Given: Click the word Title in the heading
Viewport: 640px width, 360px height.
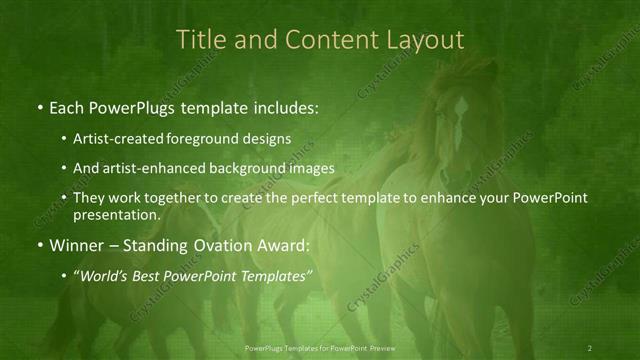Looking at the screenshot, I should coord(199,40).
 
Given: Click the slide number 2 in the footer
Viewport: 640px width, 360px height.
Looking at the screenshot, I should coord(590,348).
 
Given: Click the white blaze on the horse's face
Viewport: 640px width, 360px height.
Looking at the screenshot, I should coord(460,108).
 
